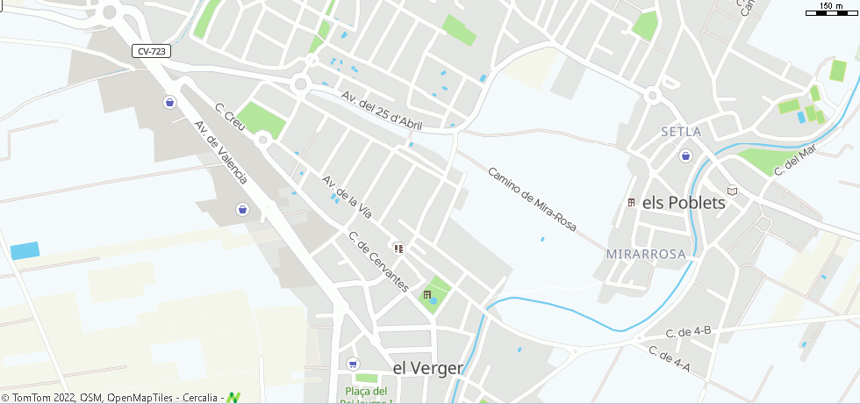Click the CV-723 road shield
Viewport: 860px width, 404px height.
click(153, 52)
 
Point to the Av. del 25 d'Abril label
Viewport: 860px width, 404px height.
click(382, 109)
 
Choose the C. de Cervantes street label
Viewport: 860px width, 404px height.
click(378, 261)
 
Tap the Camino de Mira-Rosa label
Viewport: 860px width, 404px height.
click(532, 199)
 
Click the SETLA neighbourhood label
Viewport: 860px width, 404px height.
click(681, 132)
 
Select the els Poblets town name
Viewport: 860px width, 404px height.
click(684, 202)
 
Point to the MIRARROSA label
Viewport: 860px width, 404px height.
click(645, 254)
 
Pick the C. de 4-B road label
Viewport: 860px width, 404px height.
click(688, 332)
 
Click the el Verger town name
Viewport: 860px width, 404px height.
click(427, 368)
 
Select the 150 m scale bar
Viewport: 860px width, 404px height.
click(830, 10)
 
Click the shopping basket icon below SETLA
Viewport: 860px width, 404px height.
click(684, 156)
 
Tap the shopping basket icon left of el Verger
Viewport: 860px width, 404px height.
click(353, 364)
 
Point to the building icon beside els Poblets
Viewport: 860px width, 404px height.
click(631, 203)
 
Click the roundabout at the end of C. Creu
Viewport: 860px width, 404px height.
click(262, 139)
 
